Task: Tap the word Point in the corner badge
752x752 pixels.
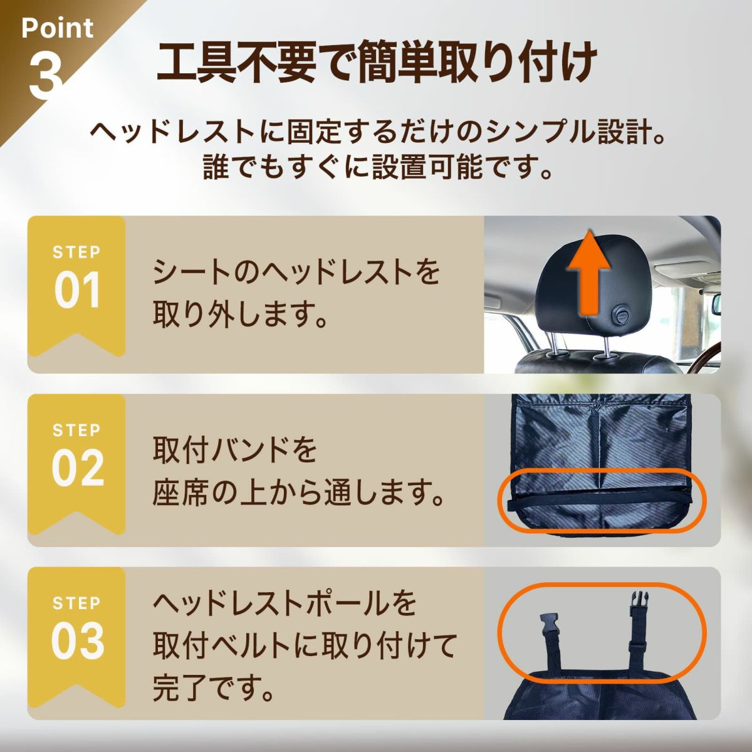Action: point(58,28)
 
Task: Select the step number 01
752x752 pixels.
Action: point(77,290)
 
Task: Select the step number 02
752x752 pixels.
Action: point(78,468)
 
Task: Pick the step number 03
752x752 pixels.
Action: point(78,641)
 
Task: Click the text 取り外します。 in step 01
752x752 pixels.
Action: point(239,313)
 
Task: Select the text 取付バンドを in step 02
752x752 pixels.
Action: point(234,451)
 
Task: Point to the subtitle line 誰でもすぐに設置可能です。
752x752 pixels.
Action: point(377,167)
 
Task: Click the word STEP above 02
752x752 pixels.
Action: point(76,430)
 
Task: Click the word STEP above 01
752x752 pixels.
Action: point(76,253)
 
